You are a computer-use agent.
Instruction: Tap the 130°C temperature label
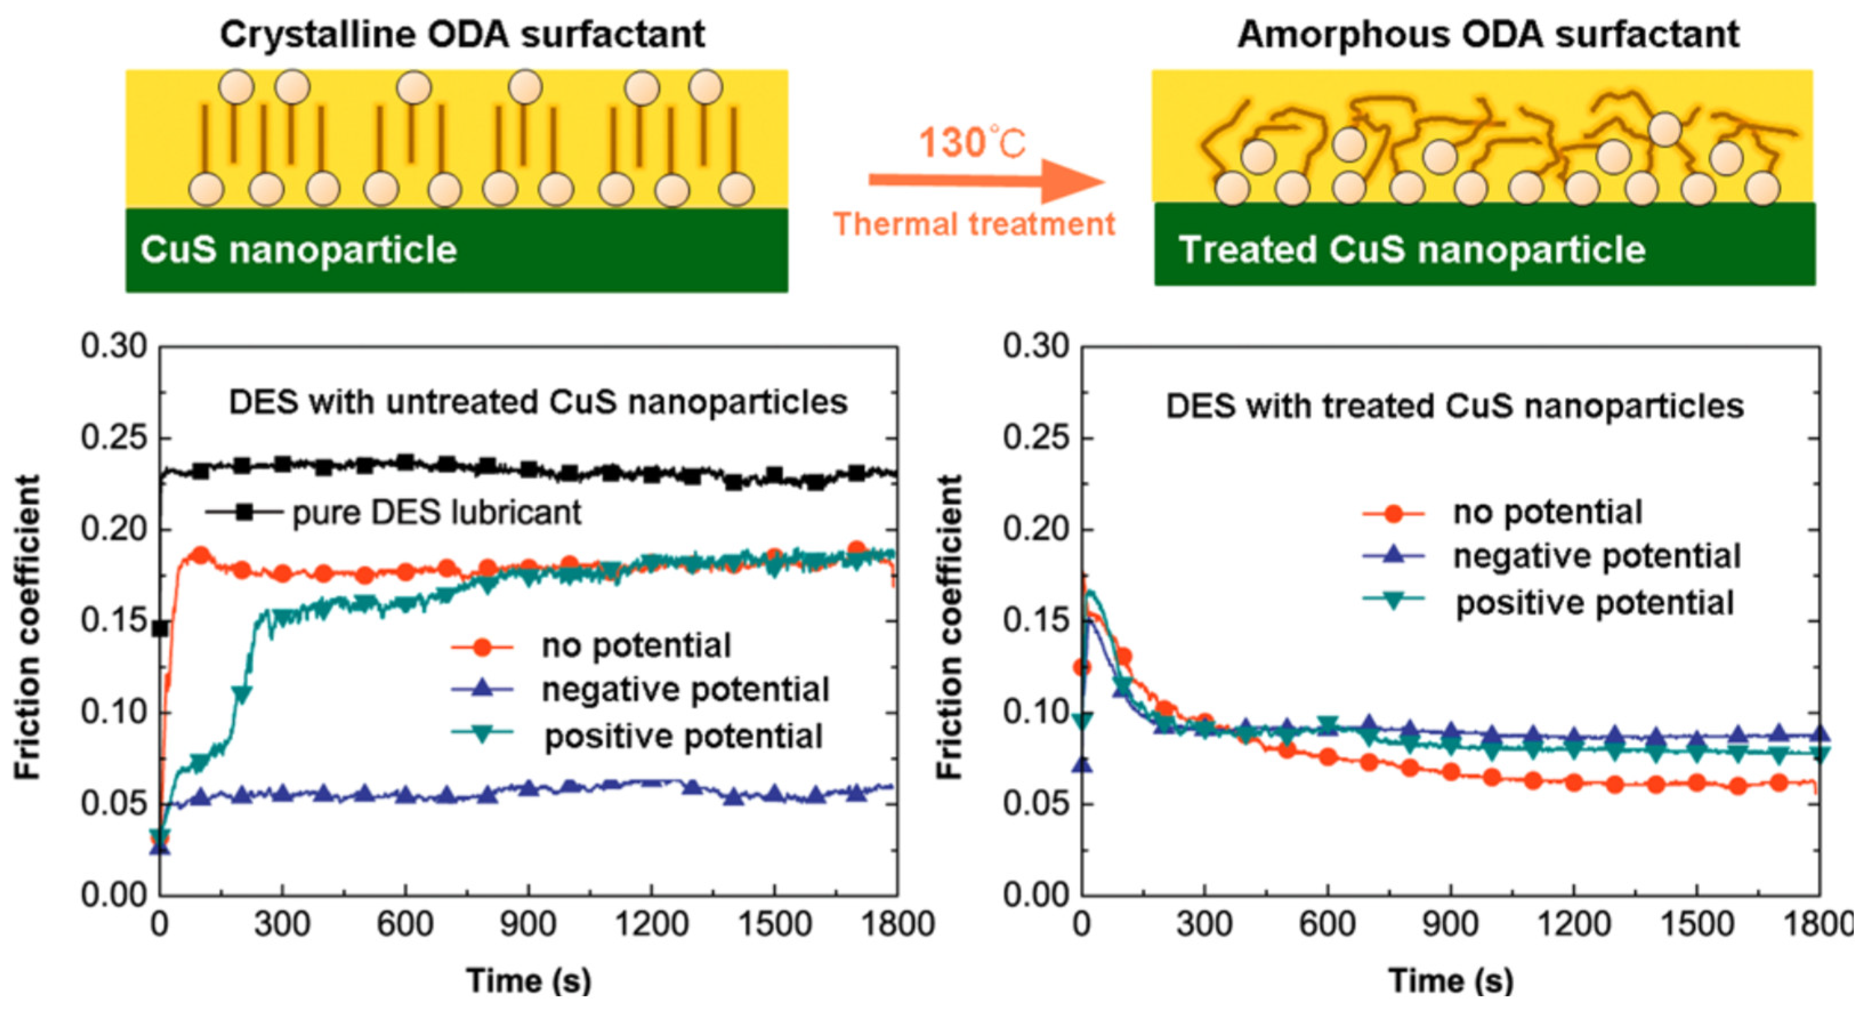pos(972,142)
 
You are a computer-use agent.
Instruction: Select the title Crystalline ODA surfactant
pos(462,34)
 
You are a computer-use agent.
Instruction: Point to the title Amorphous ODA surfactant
pos(1487,34)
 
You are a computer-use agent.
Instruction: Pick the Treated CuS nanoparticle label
pos(1411,249)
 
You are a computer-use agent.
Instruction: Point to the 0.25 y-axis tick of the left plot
pos(114,438)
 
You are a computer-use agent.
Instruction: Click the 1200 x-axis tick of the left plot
pos(650,925)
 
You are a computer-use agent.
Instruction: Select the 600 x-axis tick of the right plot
pos(1327,925)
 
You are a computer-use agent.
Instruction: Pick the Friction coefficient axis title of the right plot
pos(950,628)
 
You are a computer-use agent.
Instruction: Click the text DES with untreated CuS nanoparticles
pos(538,402)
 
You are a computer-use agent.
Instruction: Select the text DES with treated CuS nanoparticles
pos(1454,406)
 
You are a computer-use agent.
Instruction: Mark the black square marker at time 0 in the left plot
pos(160,628)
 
